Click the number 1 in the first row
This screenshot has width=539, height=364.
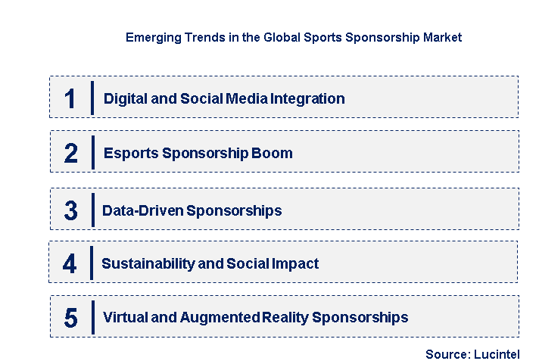click(70, 98)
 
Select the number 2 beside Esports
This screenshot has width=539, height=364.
click(70, 154)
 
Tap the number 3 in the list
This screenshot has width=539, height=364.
click(70, 210)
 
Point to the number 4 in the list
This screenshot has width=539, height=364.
click(70, 264)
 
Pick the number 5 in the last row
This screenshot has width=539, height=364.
click(70, 318)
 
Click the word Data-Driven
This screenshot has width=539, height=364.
click(142, 210)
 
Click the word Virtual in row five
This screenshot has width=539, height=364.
click(125, 318)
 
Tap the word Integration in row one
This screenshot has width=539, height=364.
click(310, 98)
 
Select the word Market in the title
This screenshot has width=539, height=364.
click(441, 37)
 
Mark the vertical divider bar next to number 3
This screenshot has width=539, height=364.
click(92, 210)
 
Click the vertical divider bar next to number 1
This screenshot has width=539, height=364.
click(92, 98)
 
